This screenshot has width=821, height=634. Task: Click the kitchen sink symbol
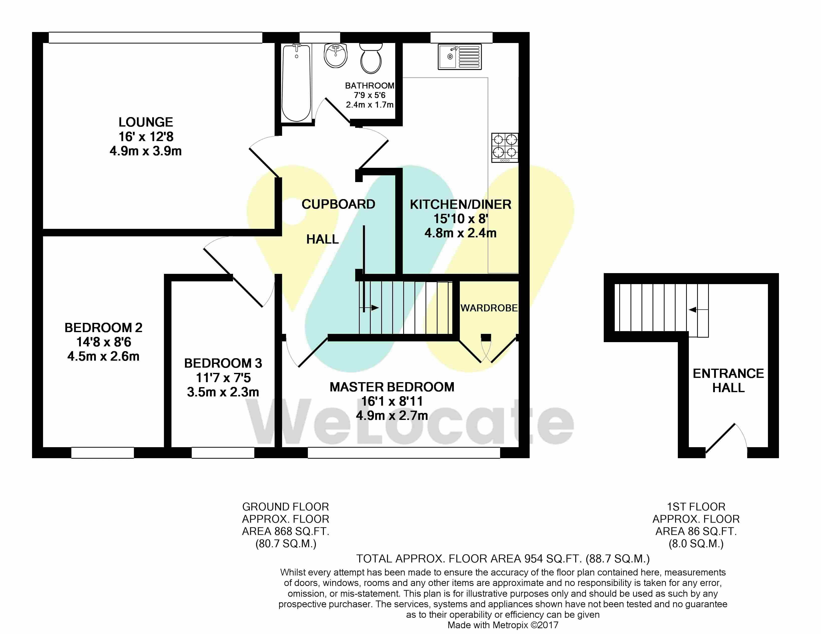click(x=459, y=57)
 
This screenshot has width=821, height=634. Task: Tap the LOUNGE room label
click(x=146, y=122)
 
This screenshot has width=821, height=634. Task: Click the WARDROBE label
click(x=489, y=308)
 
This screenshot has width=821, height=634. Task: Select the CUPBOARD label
click(x=338, y=204)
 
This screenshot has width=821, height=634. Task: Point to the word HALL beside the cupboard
click(x=323, y=239)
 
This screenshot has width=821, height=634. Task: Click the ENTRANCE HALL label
click(x=729, y=380)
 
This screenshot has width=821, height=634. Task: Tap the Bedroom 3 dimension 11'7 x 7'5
click(x=223, y=377)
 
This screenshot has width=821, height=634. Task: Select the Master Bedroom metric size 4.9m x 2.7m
click(x=392, y=415)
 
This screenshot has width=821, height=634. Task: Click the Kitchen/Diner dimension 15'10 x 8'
click(x=461, y=219)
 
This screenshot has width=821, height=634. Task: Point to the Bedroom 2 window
click(x=103, y=453)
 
